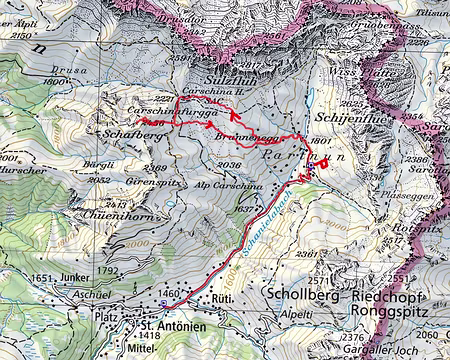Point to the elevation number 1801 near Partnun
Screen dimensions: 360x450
[320, 143]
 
